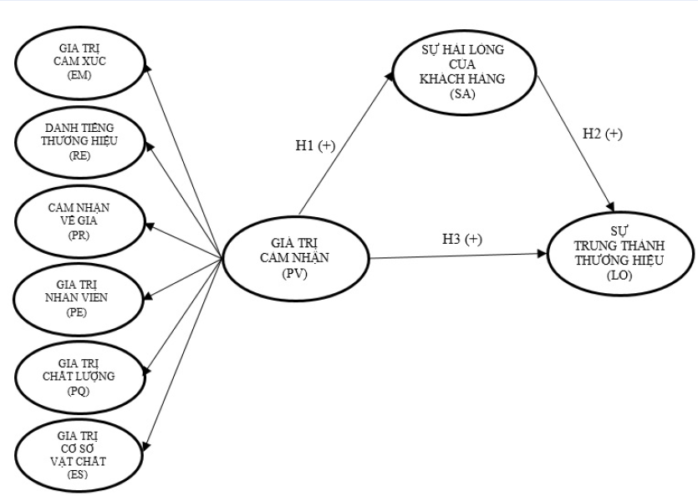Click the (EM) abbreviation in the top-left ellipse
point(81,76)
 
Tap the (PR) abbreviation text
point(81,235)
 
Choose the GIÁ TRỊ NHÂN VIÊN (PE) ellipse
point(81,296)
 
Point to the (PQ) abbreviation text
point(81,390)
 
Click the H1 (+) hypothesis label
point(315,145)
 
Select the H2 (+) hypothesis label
point(602,134)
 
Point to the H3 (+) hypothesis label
point(462,240)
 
